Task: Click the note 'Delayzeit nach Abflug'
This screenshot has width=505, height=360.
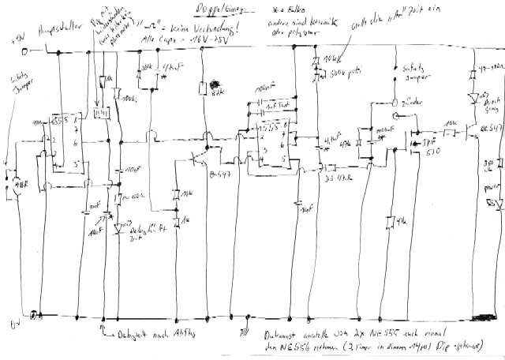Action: [154, 332]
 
